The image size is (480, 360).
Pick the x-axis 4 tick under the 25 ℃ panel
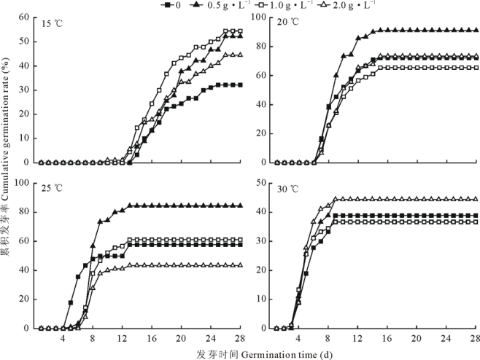[x=63, y=337]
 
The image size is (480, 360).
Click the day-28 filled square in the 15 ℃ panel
[x=239, y=85]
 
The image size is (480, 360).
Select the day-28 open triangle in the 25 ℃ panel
[x=239, y=265]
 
